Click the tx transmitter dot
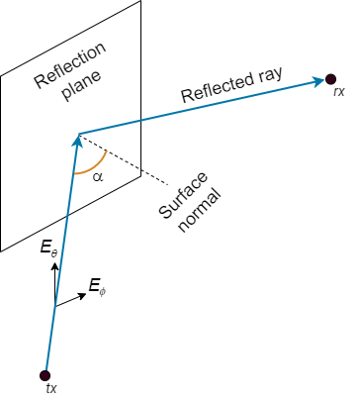[x=44, y=374]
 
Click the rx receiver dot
[x=328, y=78]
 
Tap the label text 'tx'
[x=51, y=389]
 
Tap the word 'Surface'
[x=179, y=194]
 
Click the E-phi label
[x=95, y=287]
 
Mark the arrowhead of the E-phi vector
[x=79, y=294]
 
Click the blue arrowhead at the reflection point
[x=76, y=141]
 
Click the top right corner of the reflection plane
[x=140, y=1]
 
